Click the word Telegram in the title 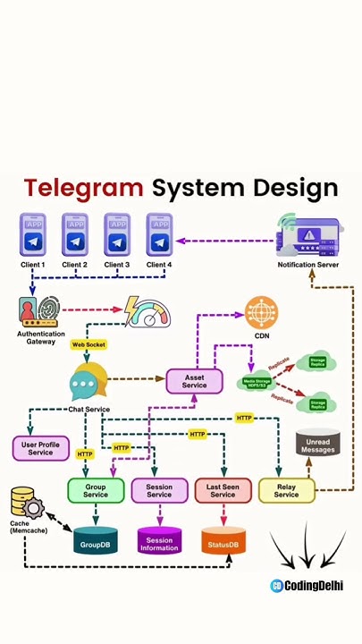83,189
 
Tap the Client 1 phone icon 33,235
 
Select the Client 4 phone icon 159,235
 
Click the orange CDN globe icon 261,313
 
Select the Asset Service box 194,381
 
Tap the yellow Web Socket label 88,344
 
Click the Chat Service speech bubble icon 88,383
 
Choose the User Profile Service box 40,448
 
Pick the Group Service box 96,490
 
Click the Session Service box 159,490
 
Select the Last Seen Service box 223,490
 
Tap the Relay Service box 286,490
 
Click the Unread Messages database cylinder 317,445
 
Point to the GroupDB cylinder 96,540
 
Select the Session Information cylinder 159,540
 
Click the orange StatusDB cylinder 223,540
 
